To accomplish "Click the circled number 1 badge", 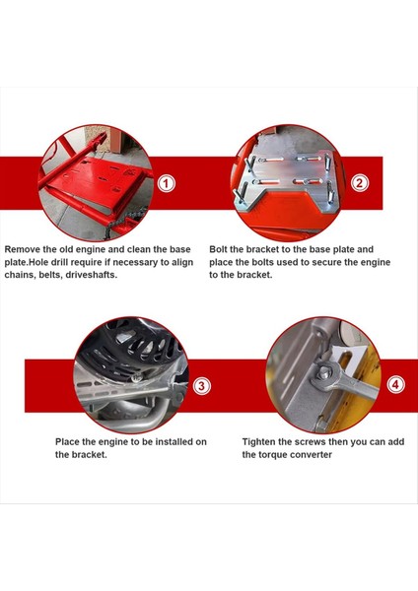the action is [x=166, y=183].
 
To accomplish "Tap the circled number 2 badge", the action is [x=359, y=183].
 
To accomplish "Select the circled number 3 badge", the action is [x=201, y=386].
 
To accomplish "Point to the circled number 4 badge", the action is [x=395, y=385].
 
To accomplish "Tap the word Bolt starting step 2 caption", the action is [x=218, y=249].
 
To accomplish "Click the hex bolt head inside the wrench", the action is [x=324, y=374].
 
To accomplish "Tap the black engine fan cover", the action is [x=129, y=349].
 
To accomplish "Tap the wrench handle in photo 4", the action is [x=359, y=387].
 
